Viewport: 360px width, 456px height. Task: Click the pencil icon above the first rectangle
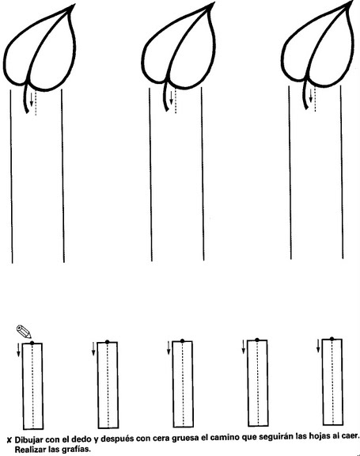coord(24,331)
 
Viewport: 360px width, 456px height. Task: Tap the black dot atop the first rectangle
coord(32,343)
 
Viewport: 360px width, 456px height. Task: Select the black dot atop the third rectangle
coord(182,341)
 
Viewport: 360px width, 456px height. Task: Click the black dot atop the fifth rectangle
coord(332,339)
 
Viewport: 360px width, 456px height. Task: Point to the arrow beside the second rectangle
coord(93,349)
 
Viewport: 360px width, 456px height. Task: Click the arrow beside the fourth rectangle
coord(243,347)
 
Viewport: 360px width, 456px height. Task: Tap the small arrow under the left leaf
coord(32,100)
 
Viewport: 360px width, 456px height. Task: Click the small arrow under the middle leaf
coord(171,98)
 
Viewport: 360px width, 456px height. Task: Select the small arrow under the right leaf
coord(311,96)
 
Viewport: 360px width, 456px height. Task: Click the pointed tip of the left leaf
coord(74,5)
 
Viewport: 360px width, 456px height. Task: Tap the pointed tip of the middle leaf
coord(214,3)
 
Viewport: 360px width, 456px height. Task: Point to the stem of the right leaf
coord(305,94)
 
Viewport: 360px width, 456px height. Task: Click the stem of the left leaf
coord(25,98)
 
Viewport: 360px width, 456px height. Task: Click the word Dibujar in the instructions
coord(29,439)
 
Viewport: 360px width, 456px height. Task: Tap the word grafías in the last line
coord(78,450)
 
